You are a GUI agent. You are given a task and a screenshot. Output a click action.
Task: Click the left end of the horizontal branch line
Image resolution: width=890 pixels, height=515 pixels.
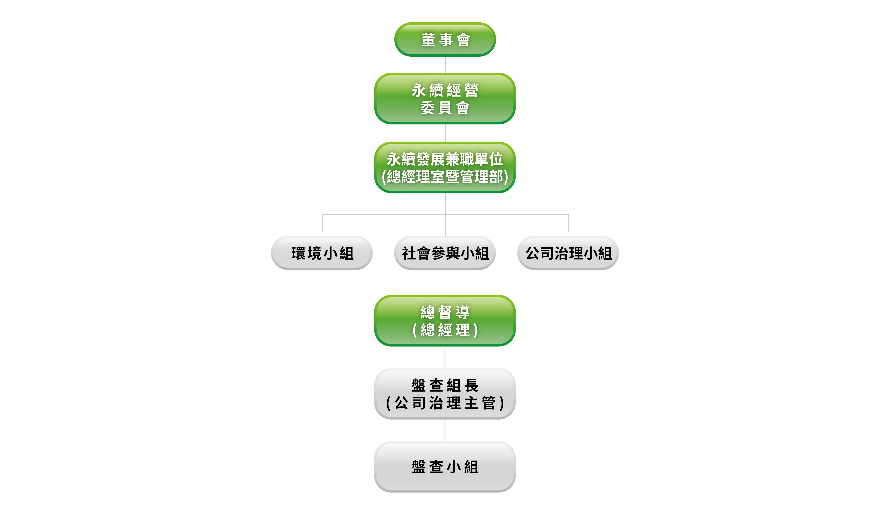(322, 214)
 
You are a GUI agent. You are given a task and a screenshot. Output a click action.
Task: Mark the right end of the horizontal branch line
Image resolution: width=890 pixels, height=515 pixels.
(569, 214)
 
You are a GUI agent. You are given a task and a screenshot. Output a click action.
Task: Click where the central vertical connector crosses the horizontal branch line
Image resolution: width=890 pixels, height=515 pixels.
(445, 214)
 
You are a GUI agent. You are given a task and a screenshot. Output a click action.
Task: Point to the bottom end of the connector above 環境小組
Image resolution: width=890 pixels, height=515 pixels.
(322, 231)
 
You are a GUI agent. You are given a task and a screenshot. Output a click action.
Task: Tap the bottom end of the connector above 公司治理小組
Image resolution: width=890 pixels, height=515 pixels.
(569, 231)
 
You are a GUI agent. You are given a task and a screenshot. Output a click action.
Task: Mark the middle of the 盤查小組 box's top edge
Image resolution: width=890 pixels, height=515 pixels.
(445, 441)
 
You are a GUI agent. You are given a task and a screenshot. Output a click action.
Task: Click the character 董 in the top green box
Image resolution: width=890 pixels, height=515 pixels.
(428, 40)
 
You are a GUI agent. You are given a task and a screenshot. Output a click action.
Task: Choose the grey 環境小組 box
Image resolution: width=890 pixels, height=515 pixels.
(322, 253)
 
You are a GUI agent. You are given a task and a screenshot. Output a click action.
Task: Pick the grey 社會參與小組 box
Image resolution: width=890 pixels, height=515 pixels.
(445, 253)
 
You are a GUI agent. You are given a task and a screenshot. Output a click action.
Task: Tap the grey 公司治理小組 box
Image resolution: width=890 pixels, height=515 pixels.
(568, 253)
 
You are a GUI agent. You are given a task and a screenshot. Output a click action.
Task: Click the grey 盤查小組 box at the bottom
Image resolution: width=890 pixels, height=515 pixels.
(445, 467)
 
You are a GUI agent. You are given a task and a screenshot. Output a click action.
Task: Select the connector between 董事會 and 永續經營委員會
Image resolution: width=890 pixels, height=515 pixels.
(445, 65)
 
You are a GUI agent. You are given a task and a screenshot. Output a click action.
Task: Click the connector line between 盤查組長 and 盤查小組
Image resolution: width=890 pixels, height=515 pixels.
(445, 430)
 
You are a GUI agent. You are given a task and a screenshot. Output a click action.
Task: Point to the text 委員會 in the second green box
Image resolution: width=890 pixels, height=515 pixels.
(445, 108)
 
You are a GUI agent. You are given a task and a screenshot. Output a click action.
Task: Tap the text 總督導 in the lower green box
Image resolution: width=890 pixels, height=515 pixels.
(445, 312)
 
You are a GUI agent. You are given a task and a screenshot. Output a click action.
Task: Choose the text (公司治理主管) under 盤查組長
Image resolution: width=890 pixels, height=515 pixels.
(445, 403)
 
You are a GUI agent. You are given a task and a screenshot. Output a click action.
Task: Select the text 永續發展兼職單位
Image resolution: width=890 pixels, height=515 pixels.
(445, 159)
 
